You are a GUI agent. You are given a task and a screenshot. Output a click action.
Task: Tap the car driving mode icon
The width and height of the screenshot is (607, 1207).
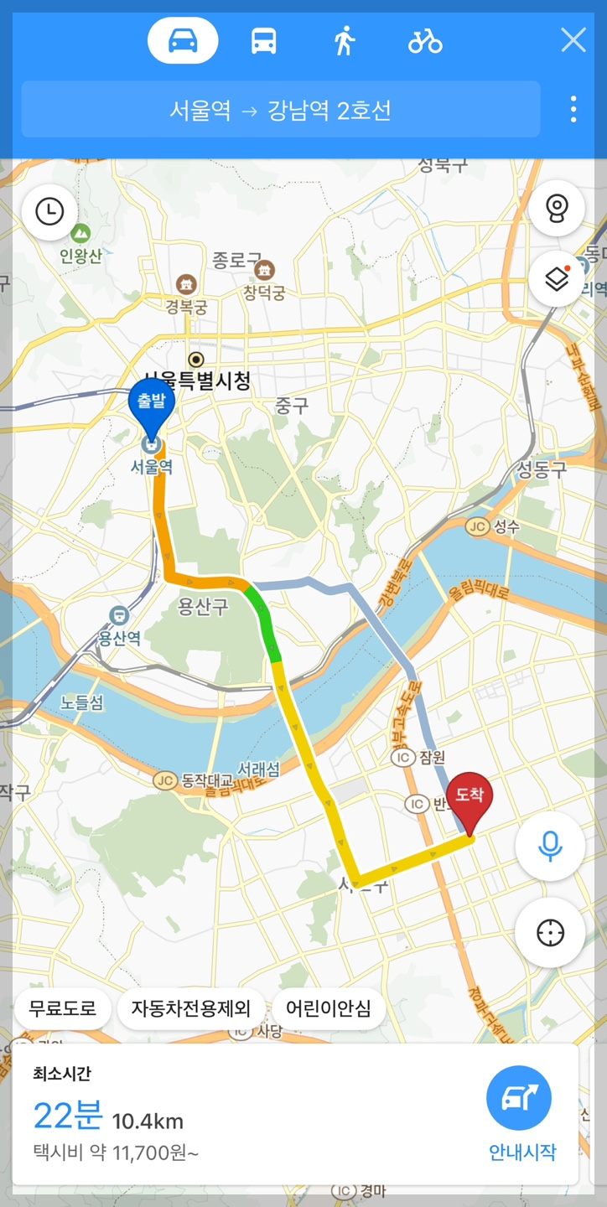pos(183,40)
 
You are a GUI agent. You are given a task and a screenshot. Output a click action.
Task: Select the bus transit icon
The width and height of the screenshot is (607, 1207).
pos(263,40)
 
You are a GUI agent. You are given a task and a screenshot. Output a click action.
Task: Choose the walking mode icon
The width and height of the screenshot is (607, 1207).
pos(344,40)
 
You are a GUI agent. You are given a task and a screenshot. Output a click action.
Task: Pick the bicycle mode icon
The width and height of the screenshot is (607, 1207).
pos(425,40)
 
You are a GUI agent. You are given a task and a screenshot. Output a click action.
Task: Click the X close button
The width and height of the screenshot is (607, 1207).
pos(573,39)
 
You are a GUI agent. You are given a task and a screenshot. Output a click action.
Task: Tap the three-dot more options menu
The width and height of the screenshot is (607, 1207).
pos(573,109)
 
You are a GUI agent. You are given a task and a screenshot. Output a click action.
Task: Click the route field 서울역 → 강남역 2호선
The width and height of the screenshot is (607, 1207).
pos(280,110)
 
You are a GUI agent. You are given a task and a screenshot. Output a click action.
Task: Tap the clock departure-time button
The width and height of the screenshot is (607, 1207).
pos(49,211)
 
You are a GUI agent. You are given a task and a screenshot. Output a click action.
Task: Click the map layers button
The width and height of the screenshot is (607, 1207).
pos(557,278)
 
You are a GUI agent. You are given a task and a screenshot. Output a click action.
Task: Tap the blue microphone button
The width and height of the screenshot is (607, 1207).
pos(550,846)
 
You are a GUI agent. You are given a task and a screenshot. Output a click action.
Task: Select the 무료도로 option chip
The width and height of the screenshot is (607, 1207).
pos(63,1008)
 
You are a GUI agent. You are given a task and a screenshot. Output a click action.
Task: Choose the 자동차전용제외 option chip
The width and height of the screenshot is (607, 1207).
pos(191,1008)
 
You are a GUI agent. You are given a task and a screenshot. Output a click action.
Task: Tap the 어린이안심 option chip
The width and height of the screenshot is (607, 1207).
pos(328,1008)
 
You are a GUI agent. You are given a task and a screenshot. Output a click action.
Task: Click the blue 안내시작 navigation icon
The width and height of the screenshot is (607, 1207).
pos(519,1098)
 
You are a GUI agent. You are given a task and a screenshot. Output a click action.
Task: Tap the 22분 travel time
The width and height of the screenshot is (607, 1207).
pos(68,1116)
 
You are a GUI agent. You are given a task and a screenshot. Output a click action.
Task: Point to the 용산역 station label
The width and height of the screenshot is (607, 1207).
pos(119,637)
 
